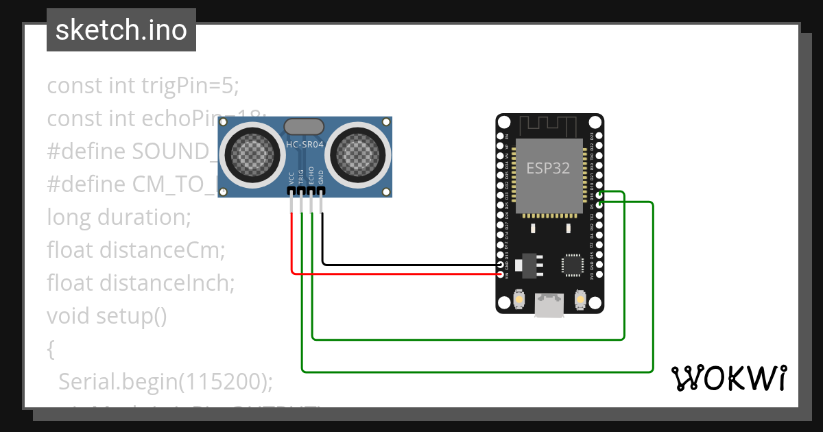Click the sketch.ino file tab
pos(121,30)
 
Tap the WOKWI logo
pos(728,378)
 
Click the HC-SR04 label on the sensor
pos(305,145)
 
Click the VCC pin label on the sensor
pos(292,176)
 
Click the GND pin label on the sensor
pos(322,176)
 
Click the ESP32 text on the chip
pos(548,168)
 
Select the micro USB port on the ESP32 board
pos(549,305)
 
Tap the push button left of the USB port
pos(519,300)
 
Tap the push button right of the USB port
pos(580,300)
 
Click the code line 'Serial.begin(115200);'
pos(165,381)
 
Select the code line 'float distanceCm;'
pos(136,250)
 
